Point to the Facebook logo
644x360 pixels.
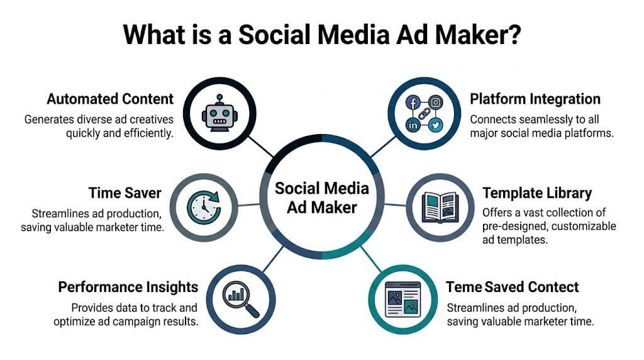(413, 102)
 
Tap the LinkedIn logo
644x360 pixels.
(413, 125)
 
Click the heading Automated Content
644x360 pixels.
(110, 99)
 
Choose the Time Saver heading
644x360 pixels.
(125, 193)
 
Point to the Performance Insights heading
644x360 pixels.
(128, 288)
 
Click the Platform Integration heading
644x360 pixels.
(535, 99)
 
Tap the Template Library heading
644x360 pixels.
(537, 193)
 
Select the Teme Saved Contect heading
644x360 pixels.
(512, 288)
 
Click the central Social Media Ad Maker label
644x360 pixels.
(322, 198)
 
